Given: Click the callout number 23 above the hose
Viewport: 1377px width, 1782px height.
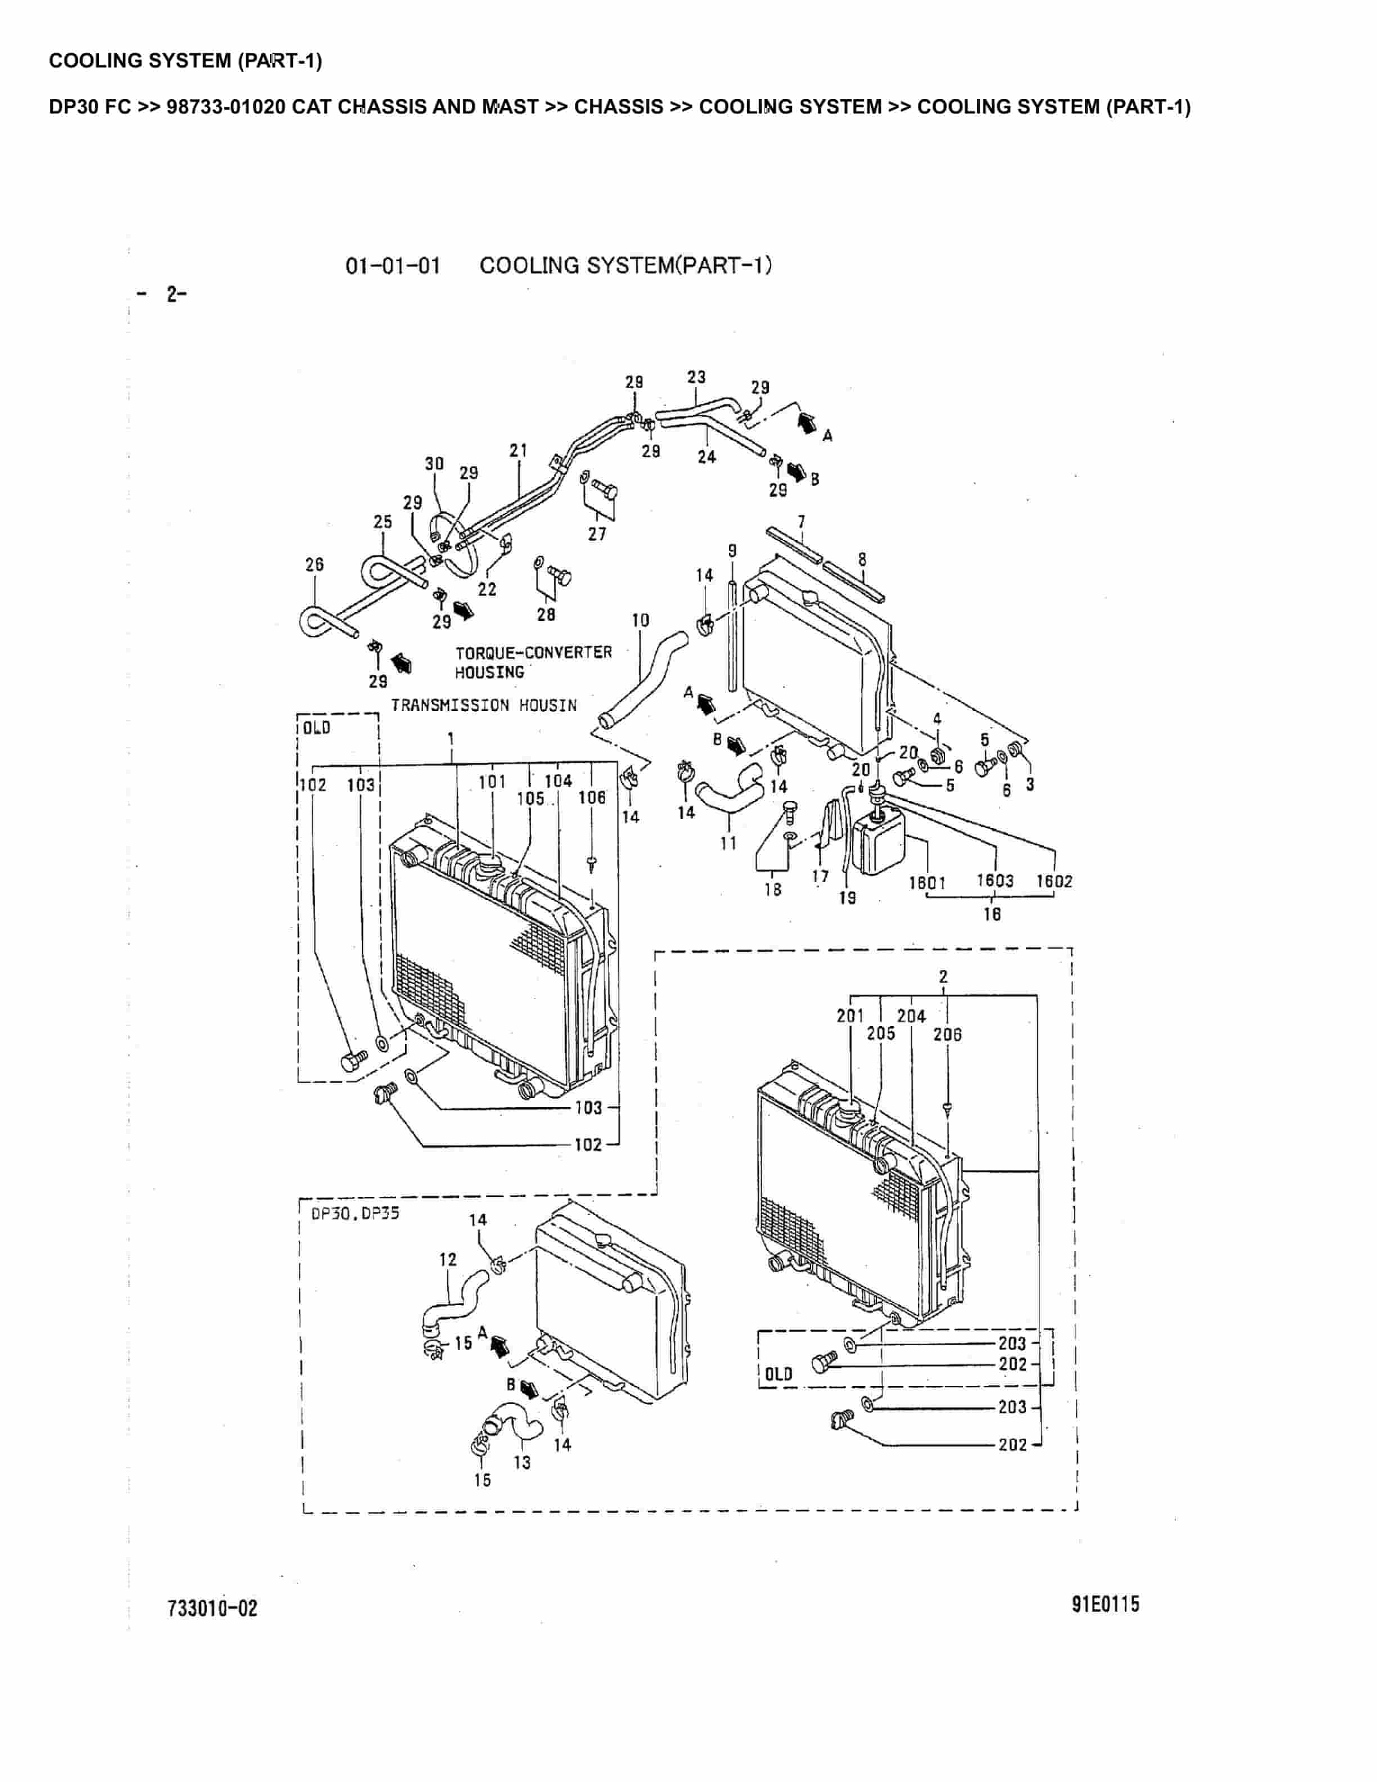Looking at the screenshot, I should pyautogui.click(x=696, y=377).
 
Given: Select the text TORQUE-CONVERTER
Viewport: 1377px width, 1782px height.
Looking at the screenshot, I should pyautogui.click(x=533, y=652).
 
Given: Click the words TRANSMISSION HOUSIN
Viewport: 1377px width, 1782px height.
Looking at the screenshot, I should pyautogui.click(x=484, y=705).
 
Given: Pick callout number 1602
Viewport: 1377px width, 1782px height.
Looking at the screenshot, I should pyautogui.click(x=1054, y=881).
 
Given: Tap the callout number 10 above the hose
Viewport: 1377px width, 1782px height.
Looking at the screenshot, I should pyautogui.click(x=640, y=620).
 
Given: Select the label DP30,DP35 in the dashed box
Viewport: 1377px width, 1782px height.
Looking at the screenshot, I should pyautogui.click(x=355, y=1213).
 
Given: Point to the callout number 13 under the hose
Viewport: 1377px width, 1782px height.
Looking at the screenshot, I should pyautogui.click(x=522, y=1462).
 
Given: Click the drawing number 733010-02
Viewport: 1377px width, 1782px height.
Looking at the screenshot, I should pyautogui.click(x=212, y=1608).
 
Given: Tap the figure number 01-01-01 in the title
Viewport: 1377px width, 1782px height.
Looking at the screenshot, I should pyautogui.click(x=393, y=266).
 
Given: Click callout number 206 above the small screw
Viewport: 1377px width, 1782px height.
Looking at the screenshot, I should pyautogui.click(x=947, y=1034).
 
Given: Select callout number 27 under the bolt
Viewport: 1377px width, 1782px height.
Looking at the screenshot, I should pyautogui.click(x=597, y=534).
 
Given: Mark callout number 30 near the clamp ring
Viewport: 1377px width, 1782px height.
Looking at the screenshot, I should pyautogui.click(x=434, y=463).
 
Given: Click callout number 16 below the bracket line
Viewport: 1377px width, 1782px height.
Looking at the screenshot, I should pyautogui.click(x=991, y=914).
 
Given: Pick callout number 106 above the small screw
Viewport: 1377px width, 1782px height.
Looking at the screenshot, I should pyautogui.click(x=592, y=797).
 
